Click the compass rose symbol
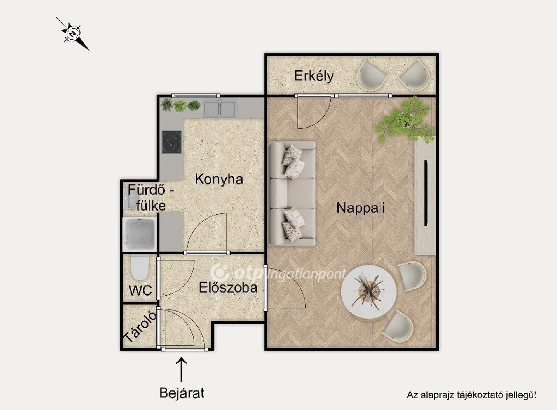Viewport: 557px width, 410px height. pos(73,34)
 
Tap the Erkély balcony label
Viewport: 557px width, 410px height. pos(314,76)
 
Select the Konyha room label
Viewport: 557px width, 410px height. pos(219,179)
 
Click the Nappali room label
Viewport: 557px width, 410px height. pos(361,208)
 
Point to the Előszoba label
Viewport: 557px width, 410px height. pos(228,287)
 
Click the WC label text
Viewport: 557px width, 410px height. pos(140,290)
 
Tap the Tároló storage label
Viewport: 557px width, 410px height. pos(140,327)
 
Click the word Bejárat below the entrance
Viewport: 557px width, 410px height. pos(182,393)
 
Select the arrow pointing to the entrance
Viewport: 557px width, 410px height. pos(182,369)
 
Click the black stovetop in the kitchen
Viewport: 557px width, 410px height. pos(171,142)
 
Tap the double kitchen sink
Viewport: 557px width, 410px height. pos(220,109)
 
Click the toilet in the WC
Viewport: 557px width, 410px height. pos(140,268)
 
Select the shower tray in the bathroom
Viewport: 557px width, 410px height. pos(139,234)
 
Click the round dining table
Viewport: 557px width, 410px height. pos(369,293)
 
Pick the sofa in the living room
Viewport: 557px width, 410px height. pos(292,194)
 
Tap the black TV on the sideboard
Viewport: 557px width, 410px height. pos(425,192)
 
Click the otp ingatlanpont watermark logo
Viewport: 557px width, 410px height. pos(278,272)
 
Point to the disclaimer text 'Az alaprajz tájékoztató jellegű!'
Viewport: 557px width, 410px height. pos(472,395)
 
